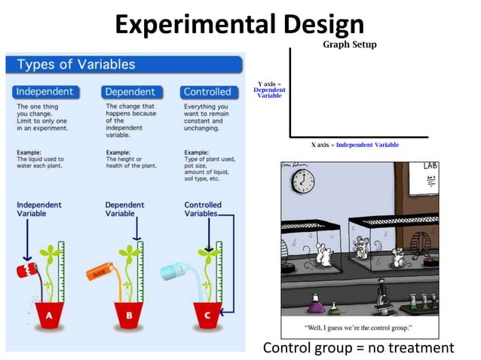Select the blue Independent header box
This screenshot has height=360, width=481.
(x=44, y=92)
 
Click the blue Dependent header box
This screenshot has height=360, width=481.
(x=130, y=92)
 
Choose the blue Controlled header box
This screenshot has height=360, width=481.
(x=207, y=92)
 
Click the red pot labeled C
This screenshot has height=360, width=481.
(x=207, y=316)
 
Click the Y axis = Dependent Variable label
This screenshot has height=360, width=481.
(x=269, y=90)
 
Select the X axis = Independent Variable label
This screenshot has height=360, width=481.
(x=355, y=145)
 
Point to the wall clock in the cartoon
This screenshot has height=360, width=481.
(x=302, y=182)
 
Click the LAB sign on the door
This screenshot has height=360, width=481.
(x=430, y=166)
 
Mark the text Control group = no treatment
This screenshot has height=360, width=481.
(x=358, y=347)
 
